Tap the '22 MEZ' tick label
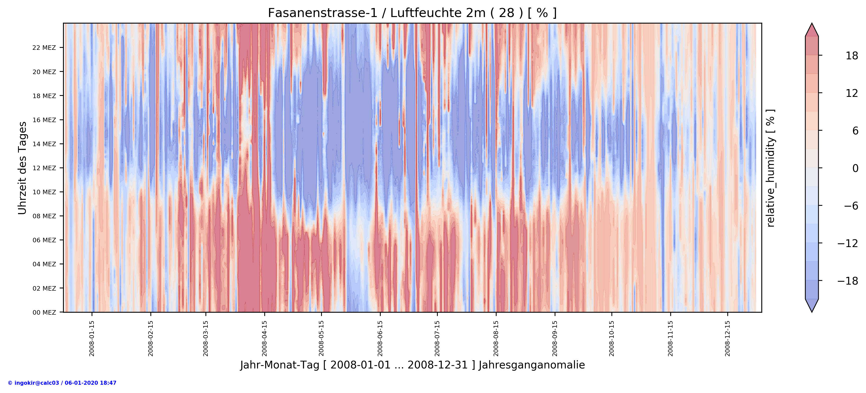coord(44,48)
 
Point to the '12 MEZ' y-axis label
coord(44,168)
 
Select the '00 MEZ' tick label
coord(44,312)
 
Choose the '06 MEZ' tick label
coord(44,240)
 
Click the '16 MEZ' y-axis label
coord(44,120)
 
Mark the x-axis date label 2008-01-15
coord(92,338)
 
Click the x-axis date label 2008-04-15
coord(265,338)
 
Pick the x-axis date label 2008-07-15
coord(437,338)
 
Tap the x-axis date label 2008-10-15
coord(611,338)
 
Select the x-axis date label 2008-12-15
coord(728,338)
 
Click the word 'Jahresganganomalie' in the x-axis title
coord(532,365)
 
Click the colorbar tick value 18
coord(851,56)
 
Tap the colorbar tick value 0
coord(855,168)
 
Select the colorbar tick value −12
coord(847,243)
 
